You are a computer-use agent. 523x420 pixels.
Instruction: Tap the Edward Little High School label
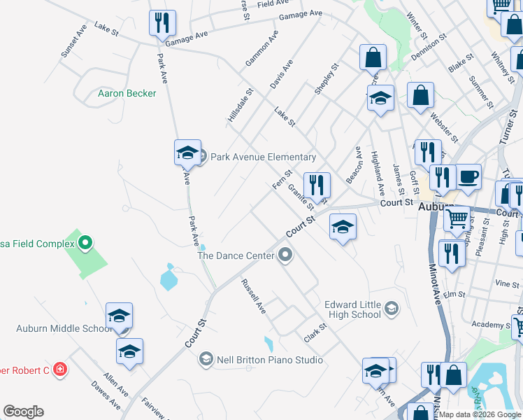click(x=352, y=309)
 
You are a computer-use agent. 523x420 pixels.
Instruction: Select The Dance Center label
click(x=236, y=256)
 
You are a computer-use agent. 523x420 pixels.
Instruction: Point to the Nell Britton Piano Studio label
click(x=268, y=360)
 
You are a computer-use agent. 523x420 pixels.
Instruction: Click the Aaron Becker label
click(x=127, y=93)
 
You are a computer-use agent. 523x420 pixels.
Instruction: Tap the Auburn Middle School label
click(x=63, y=328)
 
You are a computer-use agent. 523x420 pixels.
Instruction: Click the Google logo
click(x=23, y=412)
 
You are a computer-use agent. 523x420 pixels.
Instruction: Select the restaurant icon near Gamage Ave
click(x=162, y=23)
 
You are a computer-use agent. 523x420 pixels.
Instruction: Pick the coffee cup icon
click(x=468, y=176)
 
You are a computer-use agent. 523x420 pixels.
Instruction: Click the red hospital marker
click(x=60, y=369)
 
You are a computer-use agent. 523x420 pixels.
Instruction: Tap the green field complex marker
click(x=85, y=244)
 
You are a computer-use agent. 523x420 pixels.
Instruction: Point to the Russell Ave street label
click(x=253, y=296)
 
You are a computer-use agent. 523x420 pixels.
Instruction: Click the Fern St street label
click(x=282, y=178)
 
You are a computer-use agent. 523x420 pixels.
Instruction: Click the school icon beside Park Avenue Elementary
click(x=187, y=153)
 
